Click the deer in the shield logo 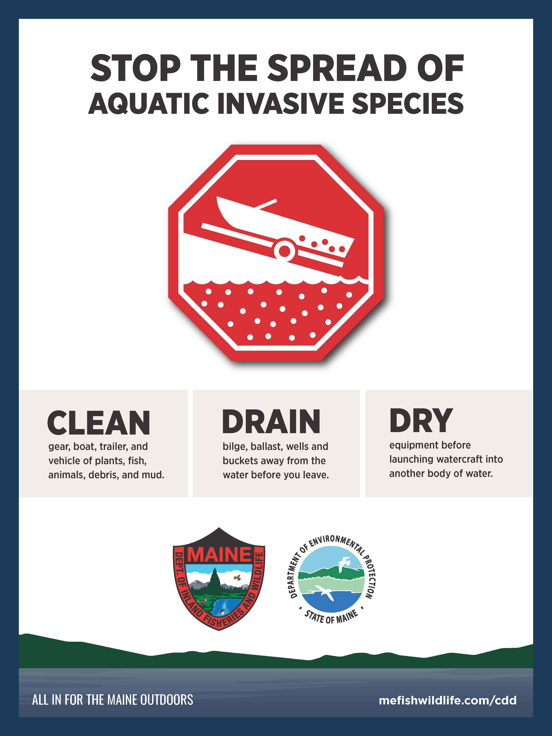coord(202,601)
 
